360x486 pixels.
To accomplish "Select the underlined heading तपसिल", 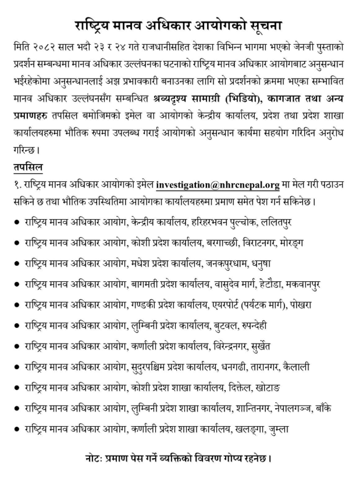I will [x=27, y=168].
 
